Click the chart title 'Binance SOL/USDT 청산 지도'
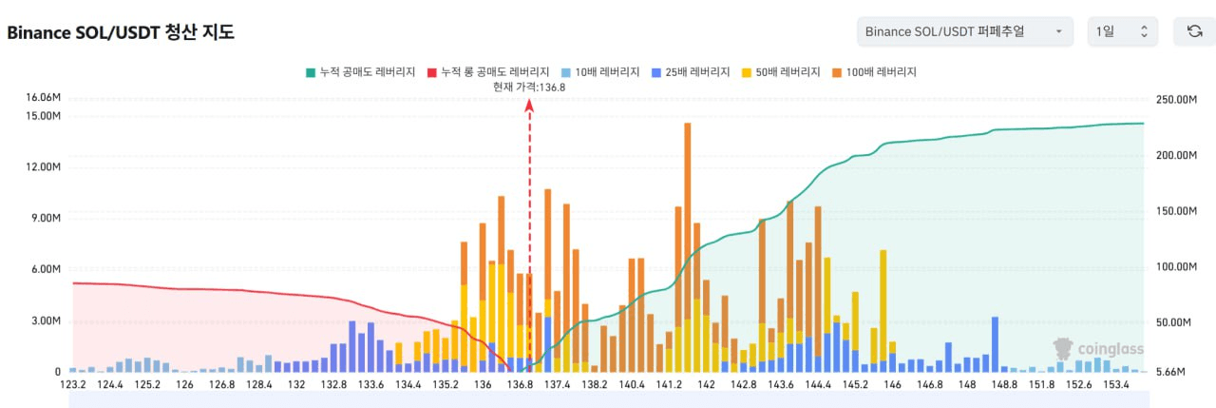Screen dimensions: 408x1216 tap(121, 32)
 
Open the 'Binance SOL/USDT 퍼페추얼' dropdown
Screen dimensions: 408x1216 tap(964, 31)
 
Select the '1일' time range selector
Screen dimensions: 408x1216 tap(1122, 31)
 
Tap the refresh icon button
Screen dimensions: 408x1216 tap(1194, 31)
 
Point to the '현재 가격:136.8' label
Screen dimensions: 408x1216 tap(529, 87)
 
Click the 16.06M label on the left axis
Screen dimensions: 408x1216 tap(44, 98)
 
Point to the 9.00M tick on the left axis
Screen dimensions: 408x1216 tap(46, 218)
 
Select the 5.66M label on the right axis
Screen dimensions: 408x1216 tap(1171, 373)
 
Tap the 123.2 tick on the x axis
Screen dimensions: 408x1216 tap(73, 384)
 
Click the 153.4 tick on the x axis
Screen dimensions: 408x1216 tap(1116, 384)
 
